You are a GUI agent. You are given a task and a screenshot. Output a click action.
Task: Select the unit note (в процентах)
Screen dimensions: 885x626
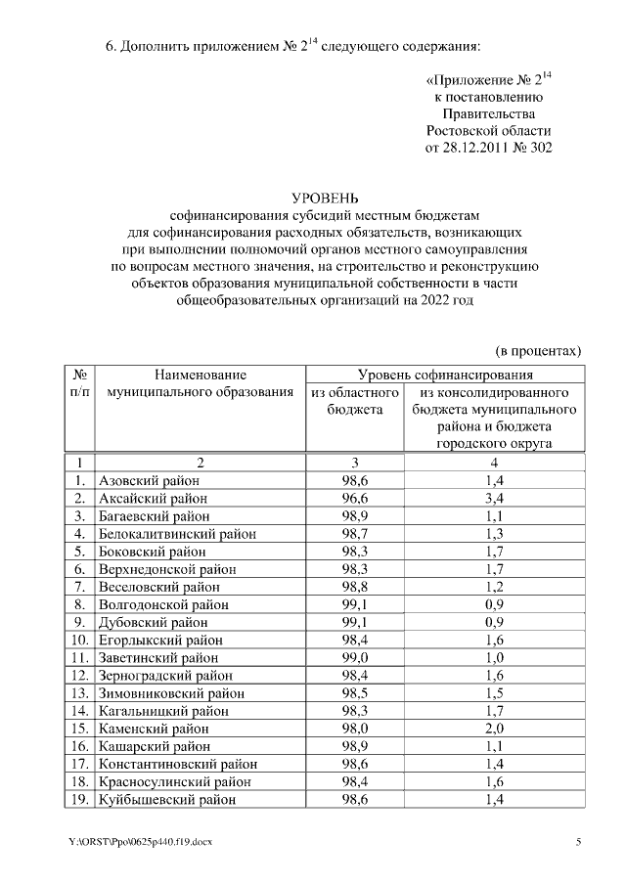pos(535,349)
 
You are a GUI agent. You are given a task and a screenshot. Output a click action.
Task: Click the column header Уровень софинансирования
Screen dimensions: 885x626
pos(445,374)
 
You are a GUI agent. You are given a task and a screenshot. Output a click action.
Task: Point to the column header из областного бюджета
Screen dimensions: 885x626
pos(354,400)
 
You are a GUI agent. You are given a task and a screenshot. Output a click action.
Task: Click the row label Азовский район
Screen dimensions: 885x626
pos(149,480)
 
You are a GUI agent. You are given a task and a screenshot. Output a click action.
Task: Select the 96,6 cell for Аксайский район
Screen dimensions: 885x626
pos(354,498)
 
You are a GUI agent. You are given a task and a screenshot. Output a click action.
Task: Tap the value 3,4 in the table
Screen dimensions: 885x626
pos(495,498)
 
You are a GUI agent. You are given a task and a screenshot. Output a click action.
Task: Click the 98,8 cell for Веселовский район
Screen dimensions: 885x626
pos(354,587)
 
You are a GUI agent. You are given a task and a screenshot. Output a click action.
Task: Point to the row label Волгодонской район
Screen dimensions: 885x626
pos(163,604)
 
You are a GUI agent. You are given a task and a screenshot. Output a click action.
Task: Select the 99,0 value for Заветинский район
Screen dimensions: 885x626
pos(354,658)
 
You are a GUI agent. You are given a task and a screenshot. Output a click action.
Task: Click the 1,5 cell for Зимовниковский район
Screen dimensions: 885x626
pos(495,693)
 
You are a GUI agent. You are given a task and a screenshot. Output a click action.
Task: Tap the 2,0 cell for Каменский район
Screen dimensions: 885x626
pos(495,729)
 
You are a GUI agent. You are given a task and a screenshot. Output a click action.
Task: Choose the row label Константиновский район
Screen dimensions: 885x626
pos(178,764)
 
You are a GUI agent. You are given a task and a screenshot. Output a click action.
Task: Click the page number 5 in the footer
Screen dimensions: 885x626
pos(578,842)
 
